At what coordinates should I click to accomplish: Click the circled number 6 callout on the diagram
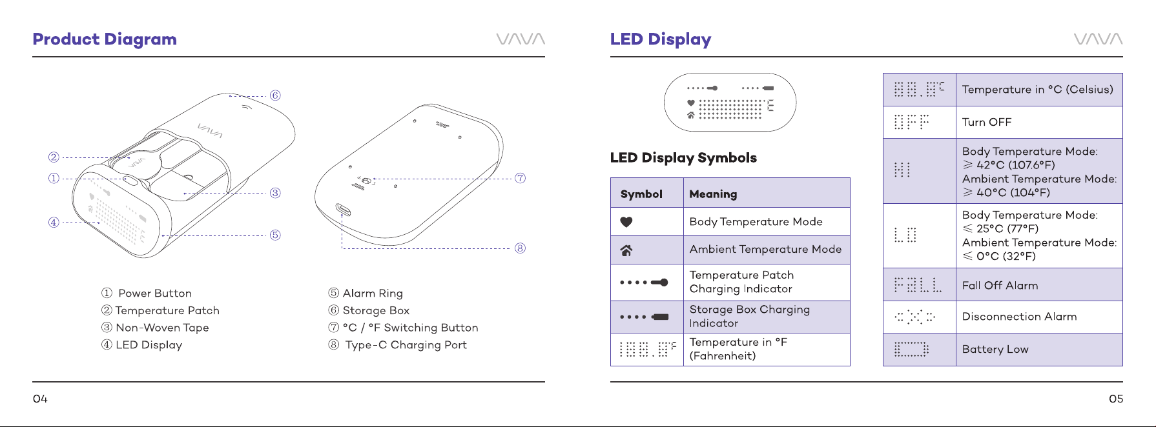(x=275, y=95)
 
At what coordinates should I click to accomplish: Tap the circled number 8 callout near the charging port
(x=520, y=248)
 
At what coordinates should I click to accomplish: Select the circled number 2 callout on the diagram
(x=54, y=157)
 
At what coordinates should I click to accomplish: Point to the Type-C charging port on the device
(x=343, y=210)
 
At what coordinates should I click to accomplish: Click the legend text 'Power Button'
(x=155, y=293)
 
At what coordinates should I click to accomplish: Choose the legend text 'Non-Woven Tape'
(x=162, y=328)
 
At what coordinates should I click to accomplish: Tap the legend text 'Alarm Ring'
(x=373, y=293)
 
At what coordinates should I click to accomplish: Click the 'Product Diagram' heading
(x=105, y=39)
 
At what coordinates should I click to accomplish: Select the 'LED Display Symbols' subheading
(x=683, y=158)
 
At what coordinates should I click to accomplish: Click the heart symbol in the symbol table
(x=626, y=222)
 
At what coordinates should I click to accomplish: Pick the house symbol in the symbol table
(x=626, y=250)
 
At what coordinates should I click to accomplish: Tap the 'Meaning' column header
(x=713, y=194)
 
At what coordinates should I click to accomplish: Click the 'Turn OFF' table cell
(x=987, y=123)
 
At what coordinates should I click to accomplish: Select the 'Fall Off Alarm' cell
(x=1000, y=286)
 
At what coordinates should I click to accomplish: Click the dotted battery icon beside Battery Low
(x=911, y=350)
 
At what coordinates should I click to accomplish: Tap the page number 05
(x=1116, y=399)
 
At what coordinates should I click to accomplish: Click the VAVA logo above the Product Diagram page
(x=521, y=39)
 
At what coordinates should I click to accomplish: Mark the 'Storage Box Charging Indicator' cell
(x=750, y=317)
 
